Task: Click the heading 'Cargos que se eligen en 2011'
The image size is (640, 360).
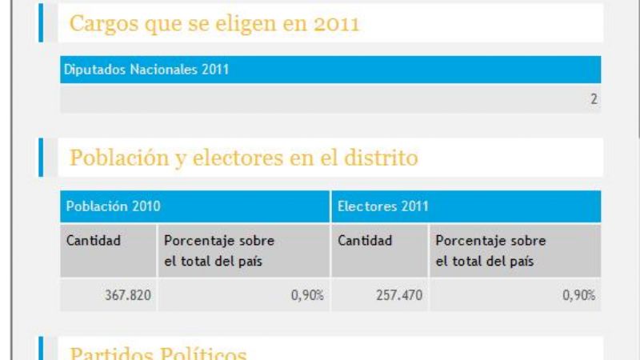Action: (214, 24)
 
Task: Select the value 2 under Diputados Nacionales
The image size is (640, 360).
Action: (594, 100)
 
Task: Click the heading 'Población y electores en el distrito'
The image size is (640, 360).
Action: (244, 158)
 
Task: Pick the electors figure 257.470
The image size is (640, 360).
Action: (399, 295)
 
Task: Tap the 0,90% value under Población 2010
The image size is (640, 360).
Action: (307, 295)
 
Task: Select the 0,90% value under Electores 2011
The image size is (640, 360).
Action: (578, 295)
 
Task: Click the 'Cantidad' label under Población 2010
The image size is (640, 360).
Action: (94, 240)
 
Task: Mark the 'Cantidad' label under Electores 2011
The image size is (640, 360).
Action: (365, 240)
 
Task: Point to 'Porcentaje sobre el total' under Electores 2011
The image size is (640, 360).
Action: (490, 250)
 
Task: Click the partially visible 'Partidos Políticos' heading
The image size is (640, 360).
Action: (158, 353)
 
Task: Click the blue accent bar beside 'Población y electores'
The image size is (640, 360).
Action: (41, 157)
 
